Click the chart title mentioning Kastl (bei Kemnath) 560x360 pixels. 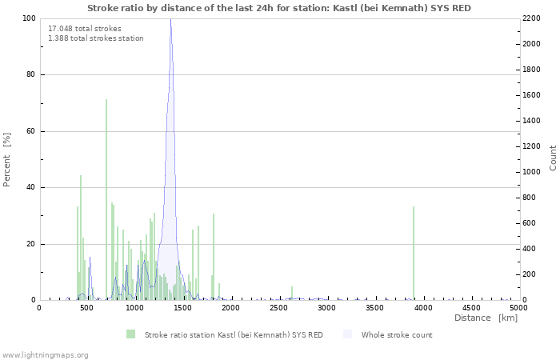279,8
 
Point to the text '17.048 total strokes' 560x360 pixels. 85,29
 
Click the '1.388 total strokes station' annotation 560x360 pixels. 96,38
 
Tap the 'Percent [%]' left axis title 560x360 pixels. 7,159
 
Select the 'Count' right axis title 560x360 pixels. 553,158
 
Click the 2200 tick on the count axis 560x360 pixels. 532,18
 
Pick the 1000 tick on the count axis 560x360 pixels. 532,172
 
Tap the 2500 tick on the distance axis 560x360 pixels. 279,307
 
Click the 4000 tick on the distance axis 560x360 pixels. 423,307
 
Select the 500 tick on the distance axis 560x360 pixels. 87,307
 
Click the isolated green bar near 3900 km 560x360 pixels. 414,253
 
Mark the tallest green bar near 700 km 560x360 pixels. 106,200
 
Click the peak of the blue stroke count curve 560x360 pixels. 170,20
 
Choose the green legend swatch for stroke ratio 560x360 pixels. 130,334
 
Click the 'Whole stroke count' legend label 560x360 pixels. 397,334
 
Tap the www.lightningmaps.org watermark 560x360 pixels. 45,354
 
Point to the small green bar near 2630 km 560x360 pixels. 292,293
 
